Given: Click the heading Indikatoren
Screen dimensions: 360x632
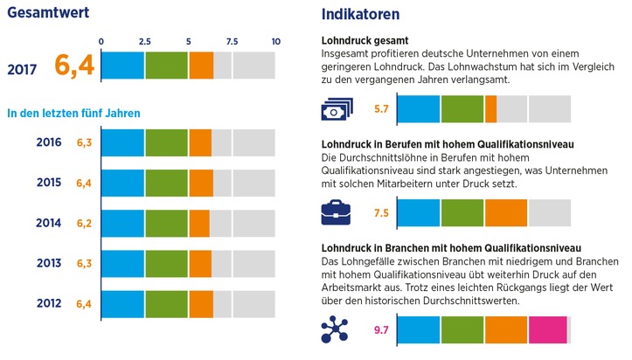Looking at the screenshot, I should point(361,14).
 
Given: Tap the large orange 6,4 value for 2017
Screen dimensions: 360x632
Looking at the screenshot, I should point(73,66).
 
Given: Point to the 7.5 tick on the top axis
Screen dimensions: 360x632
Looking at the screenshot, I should point(232,41).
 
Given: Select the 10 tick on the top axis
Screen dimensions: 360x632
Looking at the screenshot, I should point(275,41).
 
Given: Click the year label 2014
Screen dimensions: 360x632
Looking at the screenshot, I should point(48,224).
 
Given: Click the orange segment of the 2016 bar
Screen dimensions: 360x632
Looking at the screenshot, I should point(200,142).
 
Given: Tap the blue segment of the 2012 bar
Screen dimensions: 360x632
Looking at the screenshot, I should point(123,304).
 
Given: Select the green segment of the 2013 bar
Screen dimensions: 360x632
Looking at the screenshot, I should point(166,264).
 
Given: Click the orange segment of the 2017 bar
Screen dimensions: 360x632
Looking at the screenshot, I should point(201,66).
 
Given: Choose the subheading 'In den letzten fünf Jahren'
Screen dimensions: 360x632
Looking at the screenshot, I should point(73,113).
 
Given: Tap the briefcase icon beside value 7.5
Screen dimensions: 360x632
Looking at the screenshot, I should point(336,212).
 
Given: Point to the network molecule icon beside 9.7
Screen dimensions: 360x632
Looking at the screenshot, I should point(336,329).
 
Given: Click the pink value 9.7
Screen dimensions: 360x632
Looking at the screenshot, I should point(380,330).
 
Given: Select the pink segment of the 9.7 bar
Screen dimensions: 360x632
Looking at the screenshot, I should point(547,329).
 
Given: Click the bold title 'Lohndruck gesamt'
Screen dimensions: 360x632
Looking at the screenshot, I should point(365,40).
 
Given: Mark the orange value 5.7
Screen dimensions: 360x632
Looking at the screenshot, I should point(380,109).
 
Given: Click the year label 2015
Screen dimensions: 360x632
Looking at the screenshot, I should point(48,183).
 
